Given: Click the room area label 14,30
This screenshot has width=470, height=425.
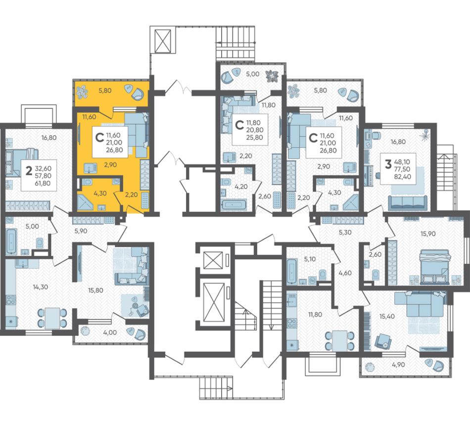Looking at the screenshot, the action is (40, 287).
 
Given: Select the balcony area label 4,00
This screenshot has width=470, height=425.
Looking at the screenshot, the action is (110, 332).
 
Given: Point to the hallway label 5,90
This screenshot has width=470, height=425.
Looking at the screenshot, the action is (81, 231).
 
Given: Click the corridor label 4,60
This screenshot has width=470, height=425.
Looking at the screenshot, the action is (345, 273).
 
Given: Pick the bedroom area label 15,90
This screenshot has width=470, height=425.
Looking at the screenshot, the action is (428, 234).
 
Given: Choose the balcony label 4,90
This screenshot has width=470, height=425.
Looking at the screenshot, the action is (399, 365).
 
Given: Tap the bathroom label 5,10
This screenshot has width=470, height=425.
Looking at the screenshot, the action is (310, 259).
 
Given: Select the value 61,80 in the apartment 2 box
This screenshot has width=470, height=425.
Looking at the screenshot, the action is (43, 184).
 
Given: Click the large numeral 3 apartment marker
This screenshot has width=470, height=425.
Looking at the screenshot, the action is (388, 165).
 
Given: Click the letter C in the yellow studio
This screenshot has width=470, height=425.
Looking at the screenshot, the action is (99, 138).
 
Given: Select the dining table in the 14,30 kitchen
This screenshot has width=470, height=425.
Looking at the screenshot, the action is (52, 318).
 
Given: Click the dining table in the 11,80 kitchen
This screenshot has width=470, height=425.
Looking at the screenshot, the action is (339, 340).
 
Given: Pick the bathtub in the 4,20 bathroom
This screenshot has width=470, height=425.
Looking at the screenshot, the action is (234, 205).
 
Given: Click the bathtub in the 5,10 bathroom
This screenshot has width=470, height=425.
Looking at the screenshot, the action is (292, 272).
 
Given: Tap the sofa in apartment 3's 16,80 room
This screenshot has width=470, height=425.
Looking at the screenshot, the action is (408, 203).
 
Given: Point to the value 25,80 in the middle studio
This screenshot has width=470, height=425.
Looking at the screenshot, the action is (254, 138).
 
